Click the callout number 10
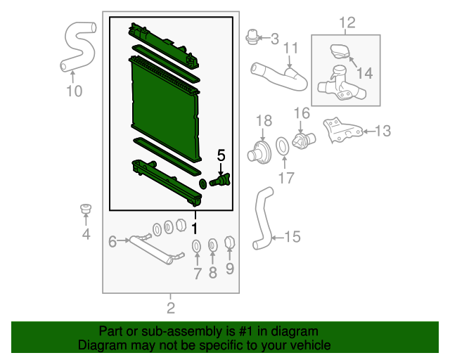pyautogui.click(x=74, y=91)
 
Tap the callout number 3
pyautogui.click(x=275, y=39)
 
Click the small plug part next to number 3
pyautogui.click(x=252, y=37)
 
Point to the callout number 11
pyautogui.click(x=290, y=49)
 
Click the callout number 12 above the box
pyautogui.click(x=347, y=22)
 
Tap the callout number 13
pyautogui.click(x=382, y=131)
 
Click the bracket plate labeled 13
pyautogui.click(x=343, y=130)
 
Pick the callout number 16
pyautogui.click(x=302, y=113)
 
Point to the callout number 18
pyautogui.click(x=264, y=121)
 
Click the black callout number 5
pyautogui.click(x=221, y=155)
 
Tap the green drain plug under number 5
pyautogui.click(x=220, y=180)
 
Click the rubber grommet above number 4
pyautogui.click(x=86, y=208)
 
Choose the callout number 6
pyautogui.click(x=112, y=241)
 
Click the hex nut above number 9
pyautogui.click(x=230, y=243)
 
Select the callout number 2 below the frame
pyautogui.click(x=171, y=308)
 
